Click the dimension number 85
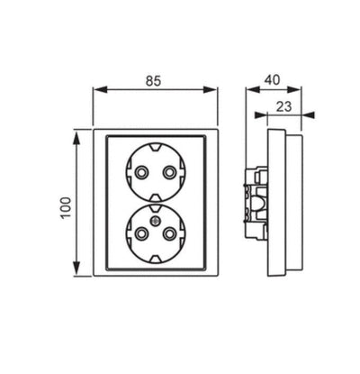[x=154, y=81]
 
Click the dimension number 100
[x=66, y=208]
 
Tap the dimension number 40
[x=272, y=80]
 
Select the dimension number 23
[x=283, y=106]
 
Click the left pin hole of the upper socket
[x=140, y=172]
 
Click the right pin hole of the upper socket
[x=169, y=172]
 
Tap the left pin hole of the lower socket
[x=140, y=233]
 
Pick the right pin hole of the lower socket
[x=169, y=233]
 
